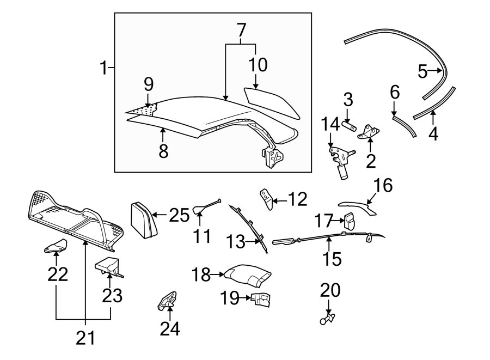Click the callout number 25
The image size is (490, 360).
coord(178,216)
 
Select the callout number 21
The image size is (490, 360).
coord(85,338)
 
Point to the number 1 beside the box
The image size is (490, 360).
coord(103,69)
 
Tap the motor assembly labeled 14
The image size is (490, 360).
coord(340,161)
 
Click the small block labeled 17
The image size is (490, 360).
coord(350,221)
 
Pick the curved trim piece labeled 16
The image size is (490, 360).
coord(357,205)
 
